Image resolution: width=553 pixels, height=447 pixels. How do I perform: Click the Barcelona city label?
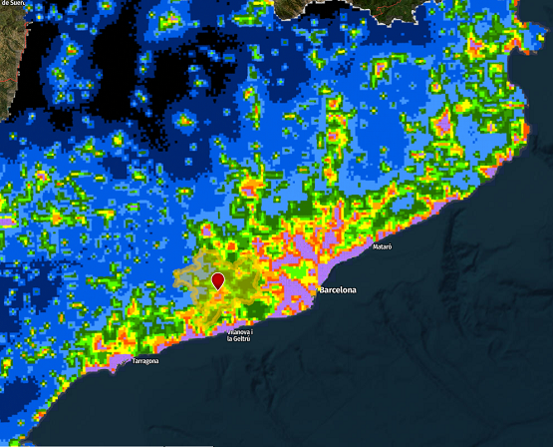coord(339,290)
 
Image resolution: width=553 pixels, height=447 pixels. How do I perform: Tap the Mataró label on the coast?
coord(383,245)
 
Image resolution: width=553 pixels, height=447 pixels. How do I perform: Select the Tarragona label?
coord(144,361)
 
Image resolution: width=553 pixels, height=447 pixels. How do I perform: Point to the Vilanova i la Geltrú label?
coord(240,334)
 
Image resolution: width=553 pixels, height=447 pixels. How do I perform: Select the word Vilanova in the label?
coord(237,330)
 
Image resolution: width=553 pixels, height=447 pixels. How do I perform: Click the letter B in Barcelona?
coord(322,290)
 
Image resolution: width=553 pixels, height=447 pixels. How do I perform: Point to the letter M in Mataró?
coord(375,245)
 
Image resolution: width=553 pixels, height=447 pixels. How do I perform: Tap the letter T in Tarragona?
coord(134,361)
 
